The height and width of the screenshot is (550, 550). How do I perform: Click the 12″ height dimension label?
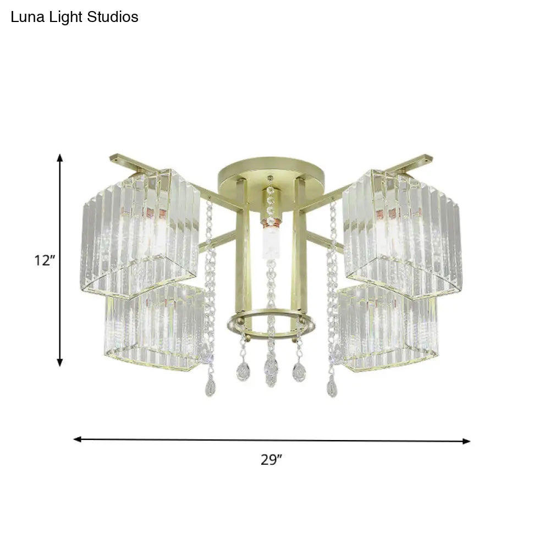43,261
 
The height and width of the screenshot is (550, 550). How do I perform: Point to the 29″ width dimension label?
271,460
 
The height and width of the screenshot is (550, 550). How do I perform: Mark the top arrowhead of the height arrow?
61,158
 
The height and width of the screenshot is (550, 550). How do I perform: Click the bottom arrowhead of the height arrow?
61,362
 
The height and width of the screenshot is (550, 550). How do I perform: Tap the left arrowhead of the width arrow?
78,439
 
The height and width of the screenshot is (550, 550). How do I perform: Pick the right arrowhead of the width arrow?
467,441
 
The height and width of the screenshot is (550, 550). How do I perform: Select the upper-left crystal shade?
140,231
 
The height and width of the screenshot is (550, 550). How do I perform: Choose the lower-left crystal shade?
154,327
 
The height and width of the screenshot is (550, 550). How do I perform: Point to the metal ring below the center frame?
271,324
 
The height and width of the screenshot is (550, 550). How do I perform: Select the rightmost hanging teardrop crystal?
332,388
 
